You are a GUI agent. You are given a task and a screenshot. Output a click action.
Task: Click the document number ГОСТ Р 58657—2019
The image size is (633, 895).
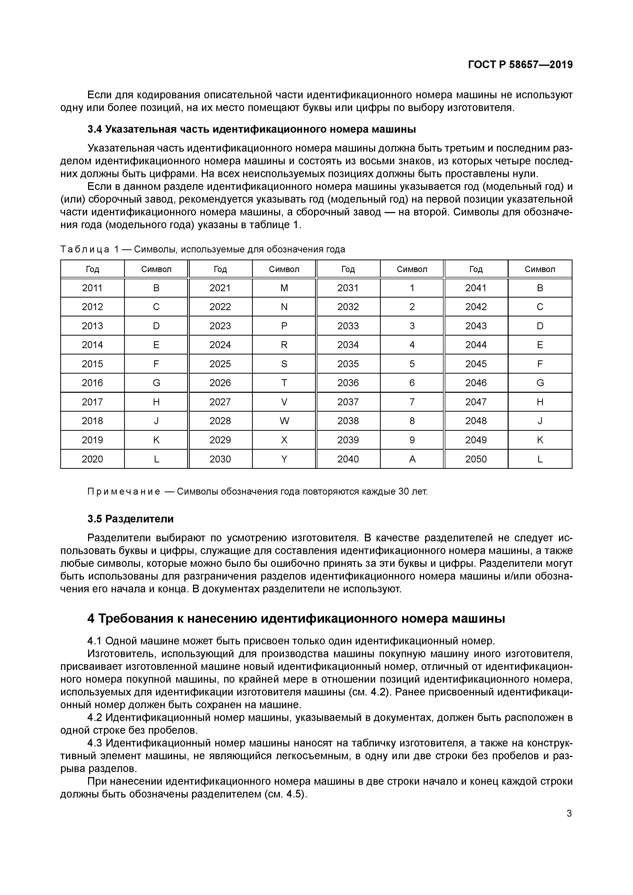point(520,65)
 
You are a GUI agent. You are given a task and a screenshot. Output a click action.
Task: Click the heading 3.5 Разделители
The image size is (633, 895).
point(130,519)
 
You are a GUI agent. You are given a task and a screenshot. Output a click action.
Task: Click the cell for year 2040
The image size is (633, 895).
point(348,459)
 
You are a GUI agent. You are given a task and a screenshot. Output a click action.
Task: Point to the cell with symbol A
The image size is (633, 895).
point(412,459)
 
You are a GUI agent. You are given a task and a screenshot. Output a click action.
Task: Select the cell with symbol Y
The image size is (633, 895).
point(284,459)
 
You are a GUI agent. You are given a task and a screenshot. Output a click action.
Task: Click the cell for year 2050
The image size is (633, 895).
point(476,459)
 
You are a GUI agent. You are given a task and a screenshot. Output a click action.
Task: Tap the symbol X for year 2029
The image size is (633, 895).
point(284,440)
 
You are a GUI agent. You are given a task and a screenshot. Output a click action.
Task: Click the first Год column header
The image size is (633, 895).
point(92,269)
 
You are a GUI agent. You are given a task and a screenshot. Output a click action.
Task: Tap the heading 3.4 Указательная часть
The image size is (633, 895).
point(252,129)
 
